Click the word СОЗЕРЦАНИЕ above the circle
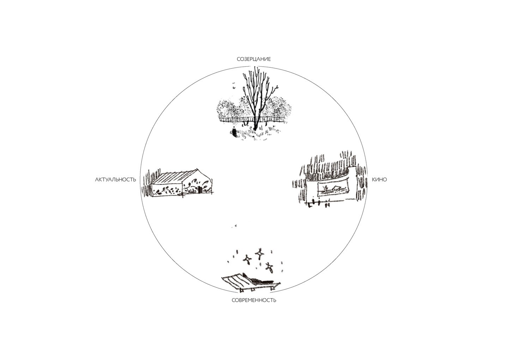click(254, 59)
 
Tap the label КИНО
click(379, 180)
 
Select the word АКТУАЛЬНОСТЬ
click(116, 180)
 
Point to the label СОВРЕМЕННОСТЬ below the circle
click(254, 300)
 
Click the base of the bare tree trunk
click(255, 129)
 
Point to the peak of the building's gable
click(197, 169)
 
